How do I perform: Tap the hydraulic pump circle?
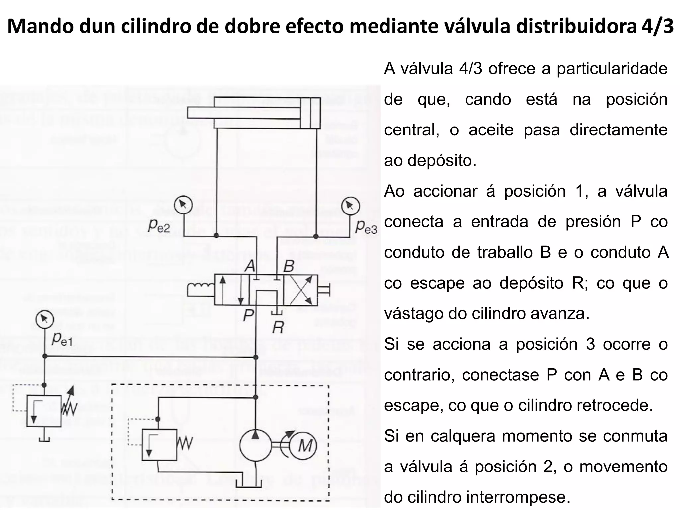255,445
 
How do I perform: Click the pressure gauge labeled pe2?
184,206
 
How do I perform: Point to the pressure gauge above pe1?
44,319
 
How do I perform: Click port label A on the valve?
250,266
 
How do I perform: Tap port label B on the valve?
289,266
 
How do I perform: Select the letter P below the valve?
248,315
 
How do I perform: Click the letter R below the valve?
278,328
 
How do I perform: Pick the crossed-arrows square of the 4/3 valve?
300,290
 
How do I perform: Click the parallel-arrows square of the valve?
231,290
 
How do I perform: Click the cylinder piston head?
310,113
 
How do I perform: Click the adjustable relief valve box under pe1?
44,411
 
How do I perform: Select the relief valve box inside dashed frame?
159,445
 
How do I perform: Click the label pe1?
62,339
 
